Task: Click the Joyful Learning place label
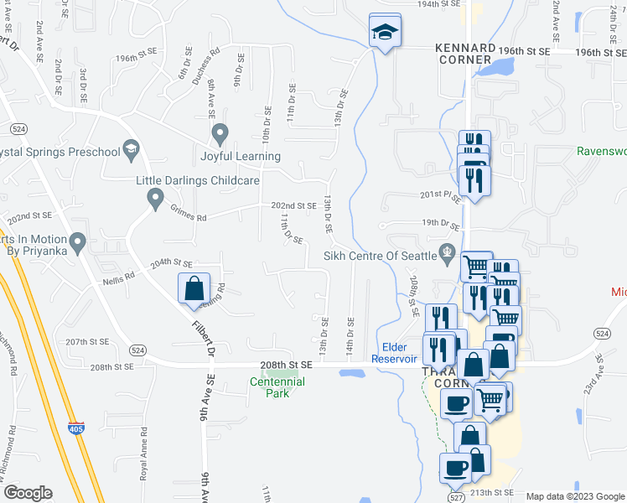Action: (240, 156)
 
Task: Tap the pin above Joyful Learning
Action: (220, 133)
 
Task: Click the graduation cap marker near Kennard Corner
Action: (385, 33)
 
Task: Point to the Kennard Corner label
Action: (464, 54)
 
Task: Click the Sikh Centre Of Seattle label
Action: (381, 255)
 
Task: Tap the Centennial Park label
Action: (277, 387)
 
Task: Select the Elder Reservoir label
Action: (394, 353)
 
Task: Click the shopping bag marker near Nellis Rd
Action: (194, 288)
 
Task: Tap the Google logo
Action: (28, 493)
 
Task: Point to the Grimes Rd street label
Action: (188, 216)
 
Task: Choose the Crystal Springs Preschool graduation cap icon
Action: (130, 151)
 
